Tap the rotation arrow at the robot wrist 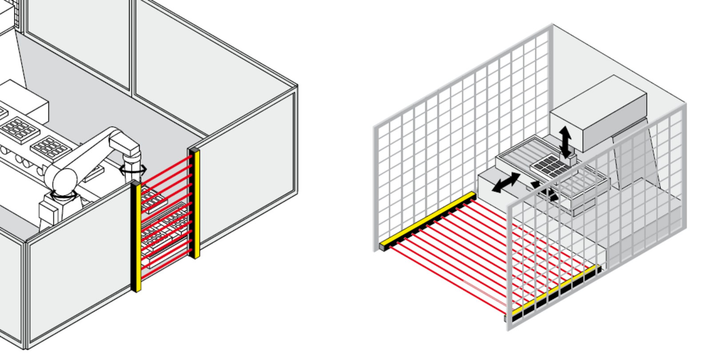(133, 169)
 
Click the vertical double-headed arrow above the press (565, 141)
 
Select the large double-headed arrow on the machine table (506, 183)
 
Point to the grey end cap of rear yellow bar (383, 247)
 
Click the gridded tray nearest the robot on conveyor (51, 147)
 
